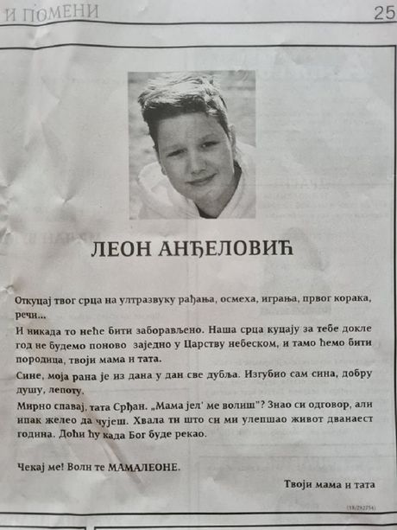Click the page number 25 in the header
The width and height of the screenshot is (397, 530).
click(383, 12)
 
